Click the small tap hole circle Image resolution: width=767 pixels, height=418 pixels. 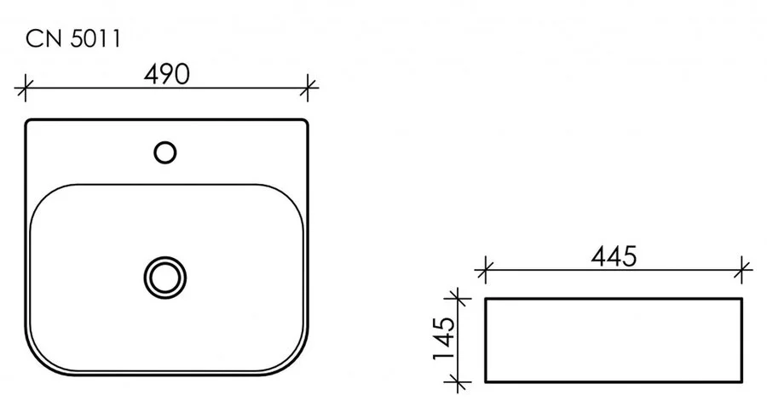pos(165,152)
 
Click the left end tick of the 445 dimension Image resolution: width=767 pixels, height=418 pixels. pos(485,272)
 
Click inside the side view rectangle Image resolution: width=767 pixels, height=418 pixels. pos(614,341)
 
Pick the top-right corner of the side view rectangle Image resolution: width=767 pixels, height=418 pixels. pos(741,299)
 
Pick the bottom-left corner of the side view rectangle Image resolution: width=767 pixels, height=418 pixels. pos(486,382)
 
